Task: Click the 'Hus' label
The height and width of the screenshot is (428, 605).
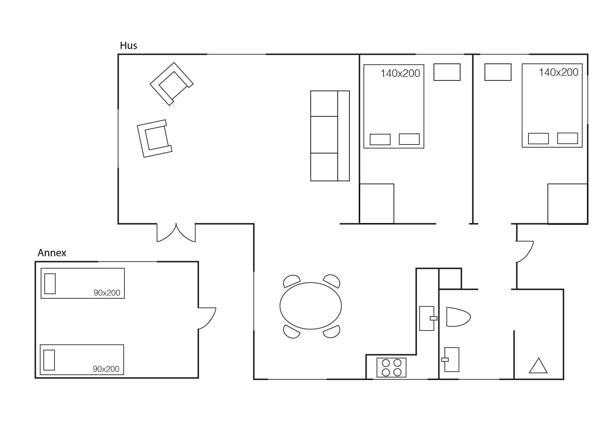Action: pos(129,46)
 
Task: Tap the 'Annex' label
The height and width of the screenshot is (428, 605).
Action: pos(52,253)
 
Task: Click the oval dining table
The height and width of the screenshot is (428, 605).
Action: pos(310,306)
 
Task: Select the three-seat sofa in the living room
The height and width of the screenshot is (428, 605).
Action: pos(330,136)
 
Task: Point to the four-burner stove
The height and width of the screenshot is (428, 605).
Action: pos(391,368)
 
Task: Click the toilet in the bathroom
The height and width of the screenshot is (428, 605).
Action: pos(458,317)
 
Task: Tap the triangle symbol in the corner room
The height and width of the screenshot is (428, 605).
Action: pos(538,366)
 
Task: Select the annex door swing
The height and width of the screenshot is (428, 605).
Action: pos(207,318)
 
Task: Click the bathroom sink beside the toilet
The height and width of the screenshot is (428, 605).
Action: pos(451,360)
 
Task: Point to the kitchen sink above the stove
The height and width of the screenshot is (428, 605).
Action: pos(428,318)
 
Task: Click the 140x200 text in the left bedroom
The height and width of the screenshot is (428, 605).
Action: pos(400,73)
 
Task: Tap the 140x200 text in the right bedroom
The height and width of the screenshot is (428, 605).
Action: pos(558,72)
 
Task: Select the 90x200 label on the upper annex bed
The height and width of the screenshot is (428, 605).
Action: pos(107,293)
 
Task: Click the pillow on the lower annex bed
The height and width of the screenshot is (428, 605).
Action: pos(49,360)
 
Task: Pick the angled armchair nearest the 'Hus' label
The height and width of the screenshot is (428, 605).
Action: pos(171,84)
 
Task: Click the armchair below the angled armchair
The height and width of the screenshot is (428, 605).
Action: pos(155,139)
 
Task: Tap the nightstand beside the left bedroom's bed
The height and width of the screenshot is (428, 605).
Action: pos(447,72)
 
